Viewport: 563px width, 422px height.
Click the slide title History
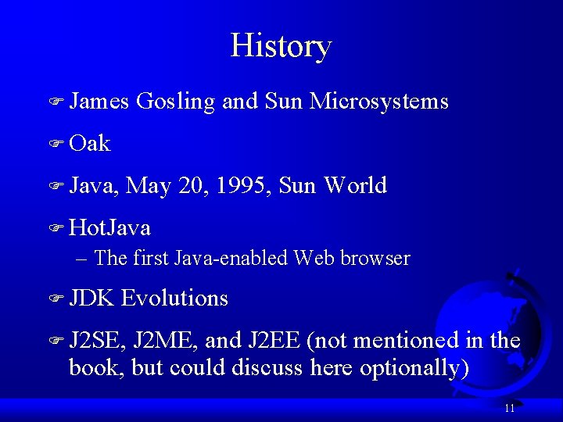[x=281, y=46]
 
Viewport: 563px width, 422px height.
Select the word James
[x=99, y=102]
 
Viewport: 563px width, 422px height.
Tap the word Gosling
[x=175, y=102]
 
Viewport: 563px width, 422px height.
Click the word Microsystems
[x=378, y=102]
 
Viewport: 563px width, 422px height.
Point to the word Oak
[x=90, y=144]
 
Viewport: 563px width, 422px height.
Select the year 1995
[x=242, y=186]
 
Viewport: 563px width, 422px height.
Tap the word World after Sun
[x=355, y=186]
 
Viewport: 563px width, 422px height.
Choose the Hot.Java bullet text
[x=109, y=228]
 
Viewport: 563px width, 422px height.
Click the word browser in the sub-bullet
[x=377, y=258]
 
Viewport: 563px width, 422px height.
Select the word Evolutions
[x=175, y=299]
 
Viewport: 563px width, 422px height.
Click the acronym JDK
[x=92, y=299]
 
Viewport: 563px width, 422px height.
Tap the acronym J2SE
[x=98, y=341]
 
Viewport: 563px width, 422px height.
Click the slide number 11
[x=510, y=408]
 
